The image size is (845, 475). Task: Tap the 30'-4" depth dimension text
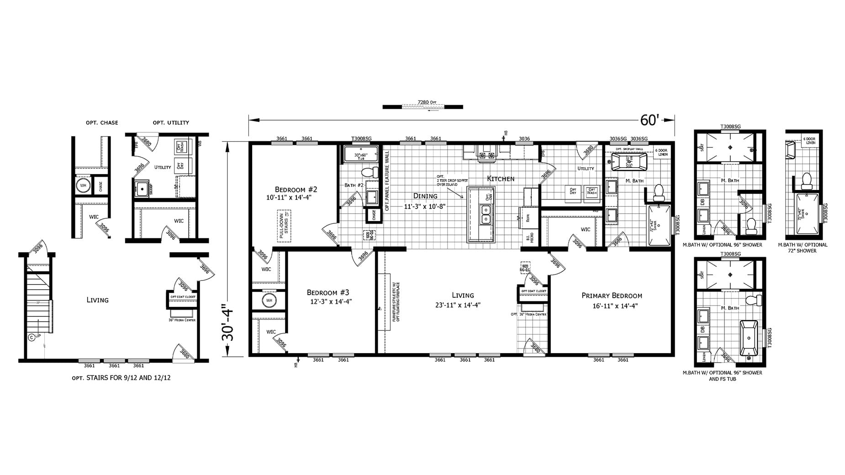[x=227, y=323]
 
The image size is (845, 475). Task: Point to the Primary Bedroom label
[x=612, y=296]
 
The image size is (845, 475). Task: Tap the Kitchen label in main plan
[x=501, y=179]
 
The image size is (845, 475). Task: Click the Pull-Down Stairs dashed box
[x=284, y=226]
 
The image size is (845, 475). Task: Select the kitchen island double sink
[x=485, y=214]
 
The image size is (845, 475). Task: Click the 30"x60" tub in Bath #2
[x=361, y=155]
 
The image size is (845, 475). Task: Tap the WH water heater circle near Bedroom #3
[x=269, y=301]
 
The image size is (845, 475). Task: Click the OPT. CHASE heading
[x=102, y=122]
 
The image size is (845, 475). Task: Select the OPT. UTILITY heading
[x=171, y=122]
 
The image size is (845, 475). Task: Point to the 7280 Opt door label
[x=424, y=102]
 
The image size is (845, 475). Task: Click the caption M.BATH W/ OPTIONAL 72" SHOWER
[x=803, y=248]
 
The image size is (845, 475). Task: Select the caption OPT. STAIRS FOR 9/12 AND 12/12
[x=121, y=378]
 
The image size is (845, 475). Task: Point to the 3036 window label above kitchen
[x=524, y=138]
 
